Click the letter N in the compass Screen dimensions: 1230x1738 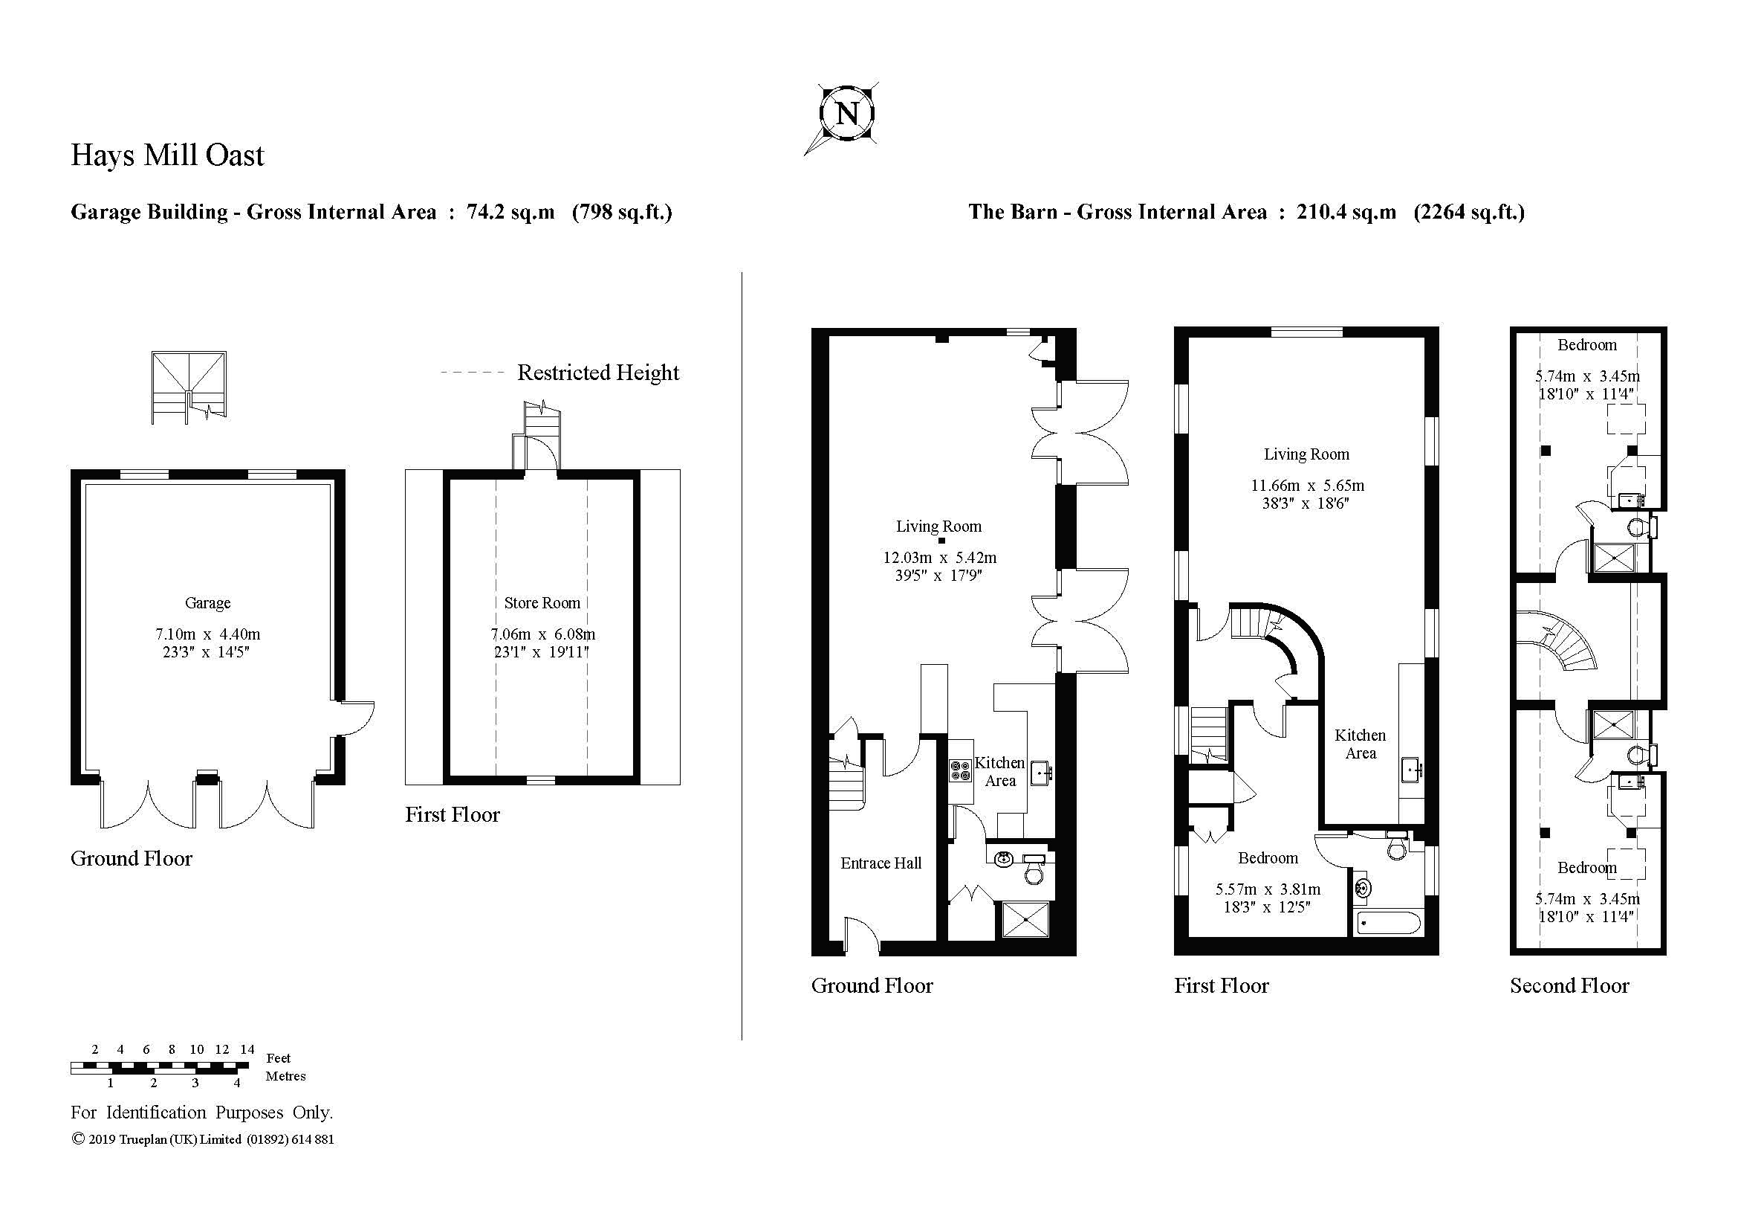(847, 115)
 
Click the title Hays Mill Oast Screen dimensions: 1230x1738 (167, 155)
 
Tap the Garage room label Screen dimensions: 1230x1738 (207, 603)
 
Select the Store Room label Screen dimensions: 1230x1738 (542, 603)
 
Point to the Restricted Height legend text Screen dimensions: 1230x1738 (597, 373)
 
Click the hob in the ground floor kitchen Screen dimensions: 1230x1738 (961, 771)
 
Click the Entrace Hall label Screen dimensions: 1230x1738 (881, 863)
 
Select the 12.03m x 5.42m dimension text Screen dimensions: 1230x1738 (939, 558)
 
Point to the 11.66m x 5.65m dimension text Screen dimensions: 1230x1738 (1306, 486)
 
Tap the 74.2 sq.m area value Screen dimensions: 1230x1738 (510, 212)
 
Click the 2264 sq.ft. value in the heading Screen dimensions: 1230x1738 (1468, 212)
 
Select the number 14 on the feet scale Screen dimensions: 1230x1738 (247, 1049)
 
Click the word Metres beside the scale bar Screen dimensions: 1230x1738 (285, 1076)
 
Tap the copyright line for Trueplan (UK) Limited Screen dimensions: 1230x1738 (203, 1139)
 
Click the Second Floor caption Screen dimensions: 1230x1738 (1569, 985)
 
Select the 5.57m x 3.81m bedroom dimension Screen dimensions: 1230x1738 (1267, 889)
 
